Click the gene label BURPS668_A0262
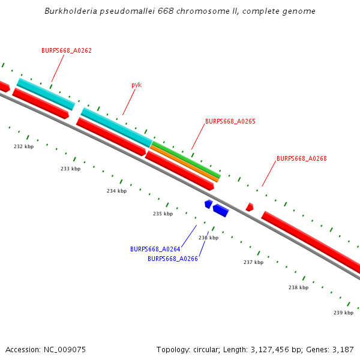[x=67, y=51]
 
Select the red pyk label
[x=137, y=85]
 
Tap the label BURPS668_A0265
[x=230, y=121]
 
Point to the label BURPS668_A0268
[x=302, y=159]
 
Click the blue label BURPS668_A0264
[x=155, y=249]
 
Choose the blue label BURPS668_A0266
[x=173, y=259]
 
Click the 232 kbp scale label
[x=24, y=146]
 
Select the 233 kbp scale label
[x=70, y=169]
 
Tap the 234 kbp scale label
[x=117, y=191]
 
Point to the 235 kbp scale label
[x=163, y=214]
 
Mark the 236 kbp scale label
[x=208, y=238]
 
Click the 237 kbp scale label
[x=253, y=262]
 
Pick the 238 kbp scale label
[x=298, y=287]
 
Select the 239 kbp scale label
[x=343, y=313]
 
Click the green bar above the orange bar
[x=186, y=158]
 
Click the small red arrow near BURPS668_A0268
[x=250, y=207]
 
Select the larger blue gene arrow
[x=221, y=210]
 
